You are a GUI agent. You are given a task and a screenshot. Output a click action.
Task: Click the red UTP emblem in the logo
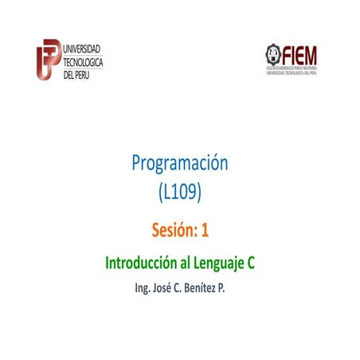(x=49, y=58)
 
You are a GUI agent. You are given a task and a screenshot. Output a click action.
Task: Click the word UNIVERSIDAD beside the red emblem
(x=82, y=49)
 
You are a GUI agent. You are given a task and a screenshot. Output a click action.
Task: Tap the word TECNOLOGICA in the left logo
(x=84, y=62)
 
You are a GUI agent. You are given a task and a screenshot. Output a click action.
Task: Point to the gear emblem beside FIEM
(x=274, y=54)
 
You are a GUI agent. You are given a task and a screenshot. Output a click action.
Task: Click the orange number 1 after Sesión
(x=205, y=231)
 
